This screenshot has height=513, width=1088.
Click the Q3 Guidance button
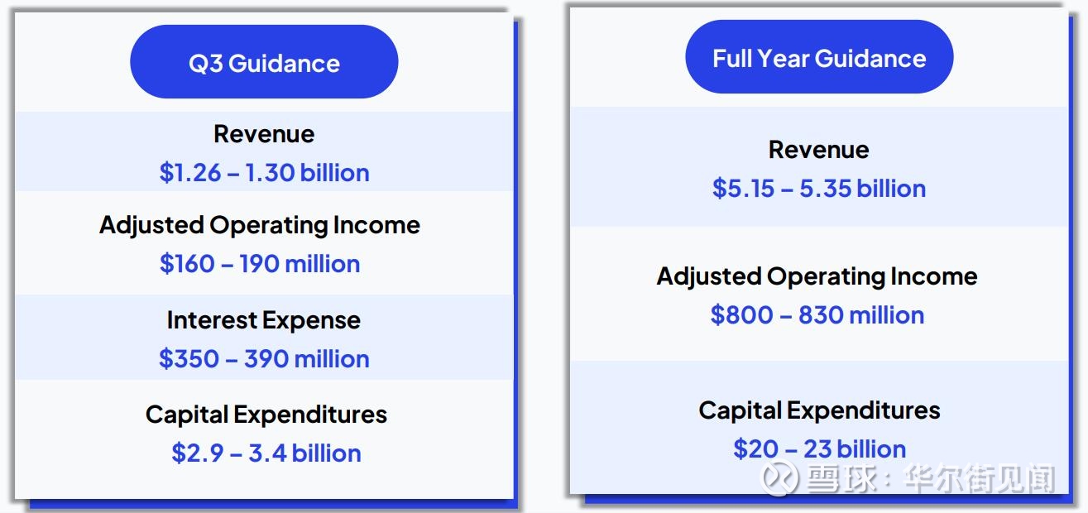point(264,62)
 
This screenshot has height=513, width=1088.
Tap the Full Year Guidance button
point(819,57)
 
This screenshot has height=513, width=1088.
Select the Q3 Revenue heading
point(264,134)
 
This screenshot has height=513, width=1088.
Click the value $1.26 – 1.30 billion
point(264,173)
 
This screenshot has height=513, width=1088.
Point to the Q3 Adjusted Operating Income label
point(260,225)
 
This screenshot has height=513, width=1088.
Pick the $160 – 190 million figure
point(260,264)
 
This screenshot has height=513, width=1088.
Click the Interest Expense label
point(264,320)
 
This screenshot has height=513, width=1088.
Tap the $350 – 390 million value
point(264,359)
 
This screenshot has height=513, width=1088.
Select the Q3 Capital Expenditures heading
point(266,415)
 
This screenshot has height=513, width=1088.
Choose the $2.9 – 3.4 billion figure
point(266,453)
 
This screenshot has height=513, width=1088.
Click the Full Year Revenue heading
point(819,150)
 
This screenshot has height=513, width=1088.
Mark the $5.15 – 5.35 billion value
point(819,189)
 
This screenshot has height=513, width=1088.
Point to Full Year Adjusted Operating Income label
point(817,277)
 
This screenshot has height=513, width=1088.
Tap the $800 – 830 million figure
point(817,314)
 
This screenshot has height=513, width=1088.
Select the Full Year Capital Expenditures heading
point(819,410)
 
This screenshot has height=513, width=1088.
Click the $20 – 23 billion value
point(819,448)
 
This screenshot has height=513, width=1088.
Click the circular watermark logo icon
point(779,478)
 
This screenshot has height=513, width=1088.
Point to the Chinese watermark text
point(931,478)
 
